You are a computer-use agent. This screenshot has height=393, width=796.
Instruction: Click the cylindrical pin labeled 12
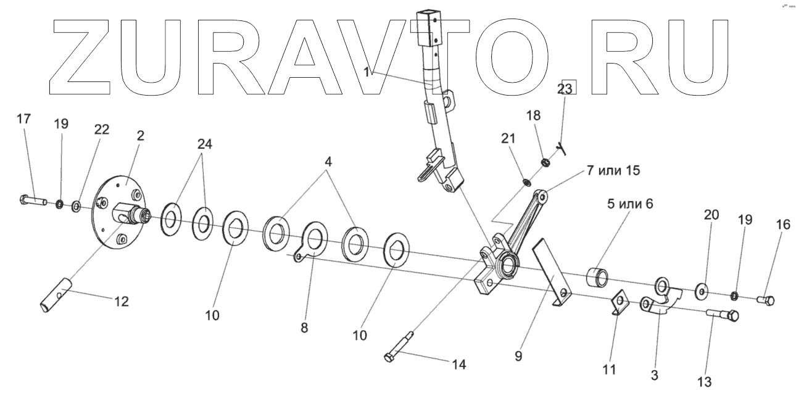click(54, 297)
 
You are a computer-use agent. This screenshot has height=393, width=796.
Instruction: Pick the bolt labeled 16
click(766, 300)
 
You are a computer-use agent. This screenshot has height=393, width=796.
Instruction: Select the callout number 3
click(654, 374)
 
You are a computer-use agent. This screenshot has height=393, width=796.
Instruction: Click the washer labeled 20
click(702, 289)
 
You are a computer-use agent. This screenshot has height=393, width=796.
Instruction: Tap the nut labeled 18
click(545, 163)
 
